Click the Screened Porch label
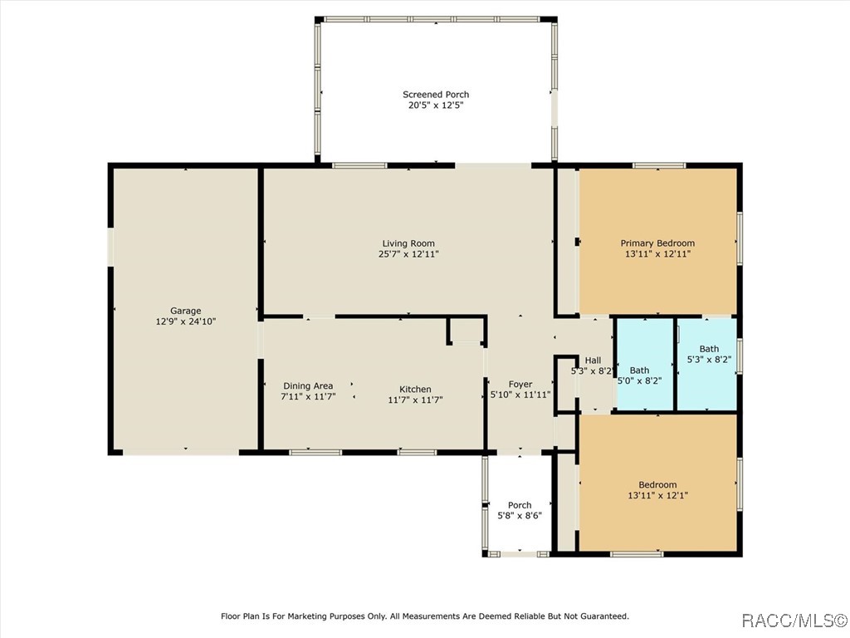click(x=436, y=95)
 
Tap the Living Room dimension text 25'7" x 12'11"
click(x=408, y=254)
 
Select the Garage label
click(x=186, y=311)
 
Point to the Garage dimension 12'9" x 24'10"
click(x=186, y=321)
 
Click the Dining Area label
click(x=308, y=385)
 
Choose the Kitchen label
click(x=415, y=389)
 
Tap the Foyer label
click(x=520, y=384)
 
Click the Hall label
click(x=593, y=361)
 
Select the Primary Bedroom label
click(x=657, y=243)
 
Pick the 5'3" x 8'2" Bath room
click(x=707, y=365)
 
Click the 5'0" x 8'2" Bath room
click(x=645, y=365)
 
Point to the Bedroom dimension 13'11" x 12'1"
click(x=657, y=495)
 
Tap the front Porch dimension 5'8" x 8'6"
click(x=520, y=516)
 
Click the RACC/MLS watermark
click(x=794, y=620)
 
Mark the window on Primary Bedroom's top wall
click(x=659, y=165)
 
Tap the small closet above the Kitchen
click(x=467, y=331)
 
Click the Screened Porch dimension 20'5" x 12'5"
click(x=436, y=106)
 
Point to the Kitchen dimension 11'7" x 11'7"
click(x=415, y=400)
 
